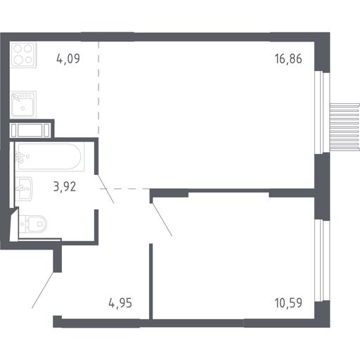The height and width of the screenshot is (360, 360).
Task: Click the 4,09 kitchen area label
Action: tap(68, 58)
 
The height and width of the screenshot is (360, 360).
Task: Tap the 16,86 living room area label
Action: tap(288, 58)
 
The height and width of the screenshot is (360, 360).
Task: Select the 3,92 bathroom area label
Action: tap(65, 187)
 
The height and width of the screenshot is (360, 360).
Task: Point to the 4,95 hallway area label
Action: tap(120, 303)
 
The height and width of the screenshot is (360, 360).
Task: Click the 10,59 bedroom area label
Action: tap(288, 303)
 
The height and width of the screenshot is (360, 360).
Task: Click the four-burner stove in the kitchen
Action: tap(23, 55)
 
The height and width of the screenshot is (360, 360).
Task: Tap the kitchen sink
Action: tap(23, 105)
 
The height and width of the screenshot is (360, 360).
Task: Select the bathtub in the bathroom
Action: tap(50, 157)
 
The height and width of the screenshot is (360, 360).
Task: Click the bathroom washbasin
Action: tap(24, 188)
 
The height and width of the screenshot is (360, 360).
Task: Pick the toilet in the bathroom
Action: tap(33, 224)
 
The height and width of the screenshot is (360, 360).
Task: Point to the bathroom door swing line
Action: tap(105, 189)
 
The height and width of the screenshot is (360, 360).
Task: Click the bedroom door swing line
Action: tap(162, 219)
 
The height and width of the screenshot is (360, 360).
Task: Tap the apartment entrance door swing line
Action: tap(43, 290)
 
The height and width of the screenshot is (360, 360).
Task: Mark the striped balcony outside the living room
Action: tap(345, 127)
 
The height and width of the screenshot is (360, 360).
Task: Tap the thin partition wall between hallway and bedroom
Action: tap(151, 281)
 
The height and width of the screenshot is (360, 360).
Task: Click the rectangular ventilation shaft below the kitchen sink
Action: tap(30, 130)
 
